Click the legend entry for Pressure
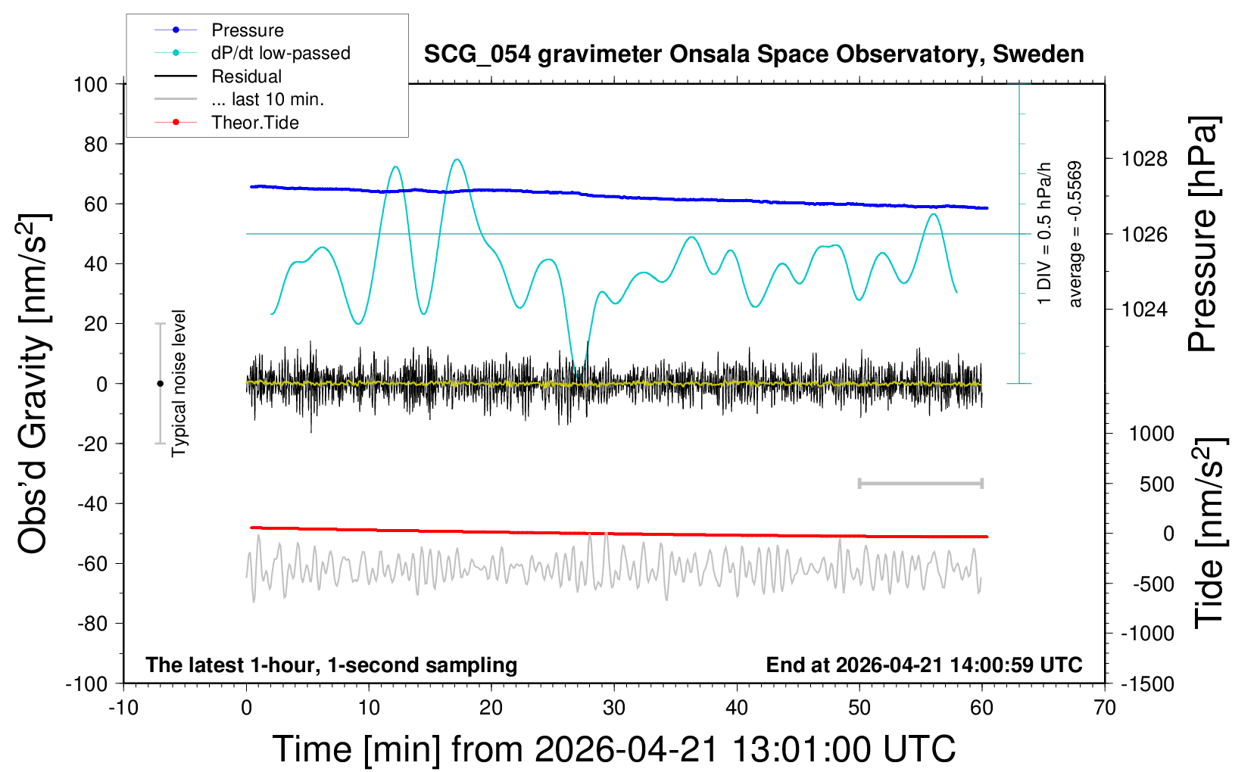tap(219, 30)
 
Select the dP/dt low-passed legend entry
tap(252, 53)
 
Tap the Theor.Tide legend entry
tap(226, 123)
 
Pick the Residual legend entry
tap(218, 76)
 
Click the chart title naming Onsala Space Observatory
tap(753, 54)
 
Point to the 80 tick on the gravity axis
tap(95, 145)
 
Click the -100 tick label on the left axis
tap(86, 684)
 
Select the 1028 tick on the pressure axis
tap(1144, 159)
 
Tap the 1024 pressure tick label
tap(1144, 309)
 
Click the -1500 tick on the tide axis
tap(1147, 684)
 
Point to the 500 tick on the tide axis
tap(1156, 484)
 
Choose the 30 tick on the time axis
tap(614, 708)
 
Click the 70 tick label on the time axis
tap(1104, 708)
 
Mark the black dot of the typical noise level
tap(160, 384)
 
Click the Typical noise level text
tap(179, 384)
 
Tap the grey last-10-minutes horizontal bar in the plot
tap(920, 483)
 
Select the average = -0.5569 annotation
tap(1075, 235)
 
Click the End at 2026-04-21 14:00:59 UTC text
tap(924, 665)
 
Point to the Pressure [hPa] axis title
tap(1203, 234)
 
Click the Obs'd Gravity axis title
tap(33, 384)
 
